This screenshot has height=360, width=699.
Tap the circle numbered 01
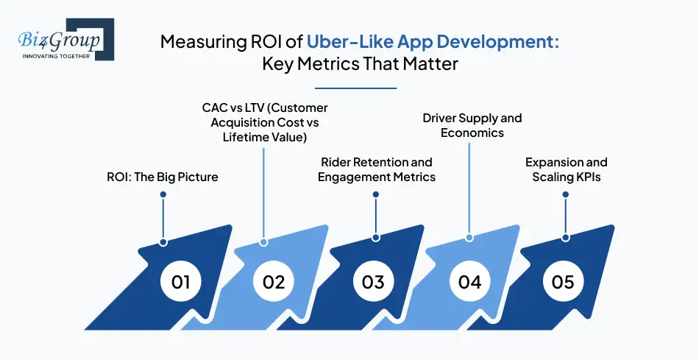click(180, 282)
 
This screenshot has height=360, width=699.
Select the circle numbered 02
click(274, 282)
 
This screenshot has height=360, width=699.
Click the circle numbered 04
click(469, 282)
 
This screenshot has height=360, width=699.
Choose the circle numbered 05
click(563, 282)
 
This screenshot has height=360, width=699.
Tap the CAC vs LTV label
click(265, 122)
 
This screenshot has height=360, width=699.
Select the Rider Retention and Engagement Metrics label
click(377, 169)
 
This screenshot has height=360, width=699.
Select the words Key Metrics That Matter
click(360, 64)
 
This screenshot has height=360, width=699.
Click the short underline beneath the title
click(360, 88)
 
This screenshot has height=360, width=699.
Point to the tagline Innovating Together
click(55, 56)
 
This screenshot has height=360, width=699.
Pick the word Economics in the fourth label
click(472, 133)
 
